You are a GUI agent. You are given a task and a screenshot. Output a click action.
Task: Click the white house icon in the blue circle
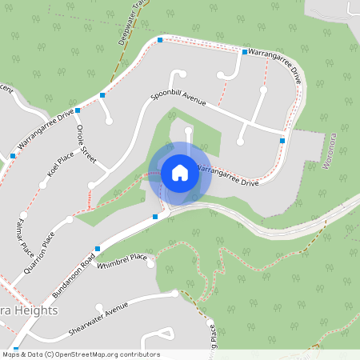pos(180,173)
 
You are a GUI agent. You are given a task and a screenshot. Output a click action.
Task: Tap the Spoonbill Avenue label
pos(178,101)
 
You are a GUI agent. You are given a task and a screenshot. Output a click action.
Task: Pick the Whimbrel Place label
pos(122,261)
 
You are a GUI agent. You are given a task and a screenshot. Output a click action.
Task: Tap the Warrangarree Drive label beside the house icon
pos(227,176)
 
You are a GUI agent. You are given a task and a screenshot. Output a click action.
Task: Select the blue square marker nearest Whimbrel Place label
pos(98,249)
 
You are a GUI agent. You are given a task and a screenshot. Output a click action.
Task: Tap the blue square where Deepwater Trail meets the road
pos(160,39)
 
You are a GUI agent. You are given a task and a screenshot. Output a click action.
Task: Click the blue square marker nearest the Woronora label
pos(282,140)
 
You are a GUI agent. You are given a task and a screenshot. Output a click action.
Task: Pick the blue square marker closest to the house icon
pos(155,216)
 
